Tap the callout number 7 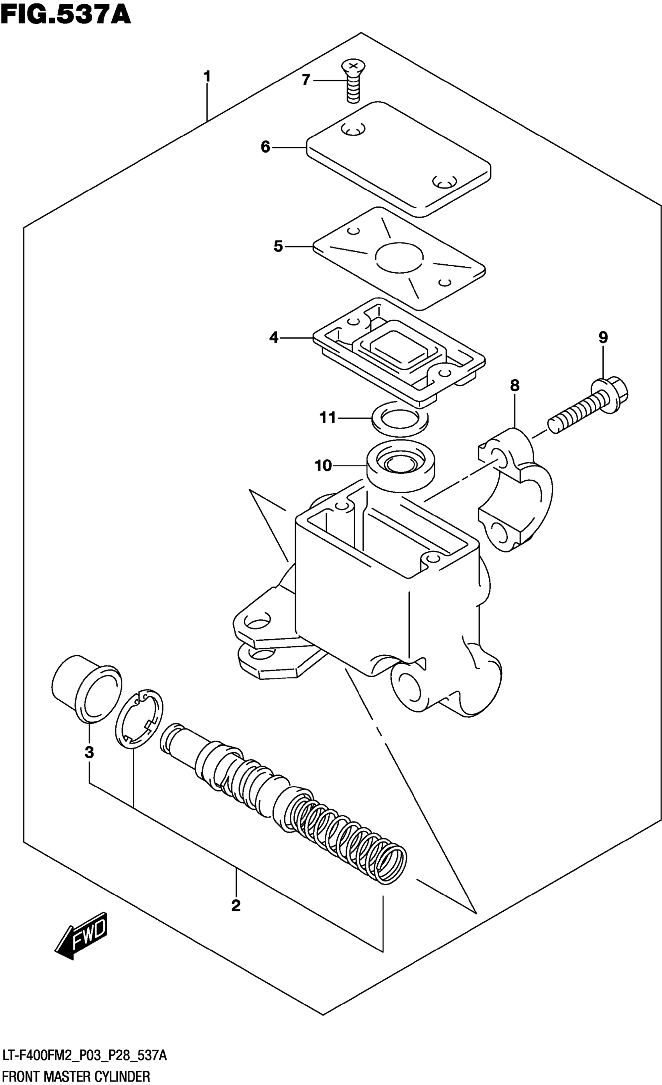[x=306, y=80]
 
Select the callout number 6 [x=265, y=147]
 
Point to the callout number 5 [x=278, y=246]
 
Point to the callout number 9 [x=603, y=338]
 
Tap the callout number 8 [x=514, y=386]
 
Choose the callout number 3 [x=90, y=752]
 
